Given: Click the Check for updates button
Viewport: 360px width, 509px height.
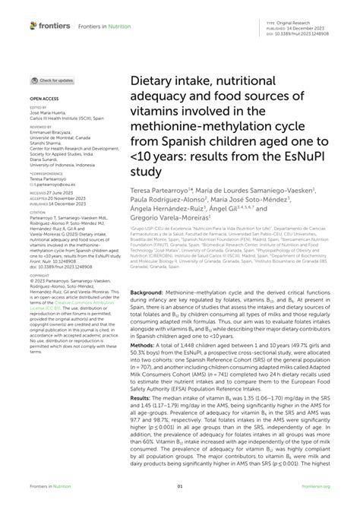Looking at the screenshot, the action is (52, 80).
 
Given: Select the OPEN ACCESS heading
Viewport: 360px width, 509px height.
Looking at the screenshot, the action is (43, 99).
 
